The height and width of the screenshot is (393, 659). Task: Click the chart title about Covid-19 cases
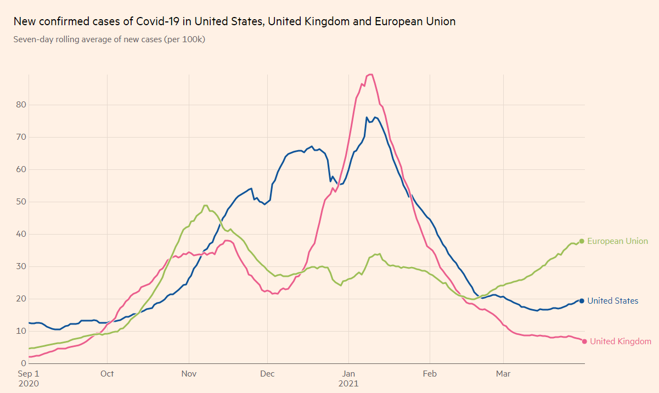tap(234, 21)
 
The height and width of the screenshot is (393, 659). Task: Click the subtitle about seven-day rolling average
tap(109, 39)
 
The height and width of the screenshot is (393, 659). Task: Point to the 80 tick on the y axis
tap(21, 105)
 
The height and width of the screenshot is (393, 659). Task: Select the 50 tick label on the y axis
tap(21, 202)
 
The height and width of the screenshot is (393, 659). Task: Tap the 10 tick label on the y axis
tap(21, 331)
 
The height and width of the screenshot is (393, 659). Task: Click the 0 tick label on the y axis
tap(24, 363)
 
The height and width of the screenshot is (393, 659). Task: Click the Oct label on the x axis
tap(107, 374)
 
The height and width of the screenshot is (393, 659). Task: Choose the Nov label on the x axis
tap(189, 374)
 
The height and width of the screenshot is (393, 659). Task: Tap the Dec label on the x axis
tap(267, 374)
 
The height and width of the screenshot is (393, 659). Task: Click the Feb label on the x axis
tap(430, 374)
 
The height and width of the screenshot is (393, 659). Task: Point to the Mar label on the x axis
tap(503, 374)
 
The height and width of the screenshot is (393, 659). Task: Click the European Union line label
tap(617, 241)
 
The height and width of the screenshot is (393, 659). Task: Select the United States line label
tap(612, 301)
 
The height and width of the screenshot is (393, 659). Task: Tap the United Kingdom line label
tap(621, 341)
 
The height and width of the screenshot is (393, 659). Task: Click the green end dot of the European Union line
tap(582, 241)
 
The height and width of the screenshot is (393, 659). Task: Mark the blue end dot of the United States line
tap(582, 301)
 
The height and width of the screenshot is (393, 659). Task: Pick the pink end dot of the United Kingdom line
tap(584, 341)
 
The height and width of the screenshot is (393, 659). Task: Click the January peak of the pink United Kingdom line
tap(370, 75)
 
